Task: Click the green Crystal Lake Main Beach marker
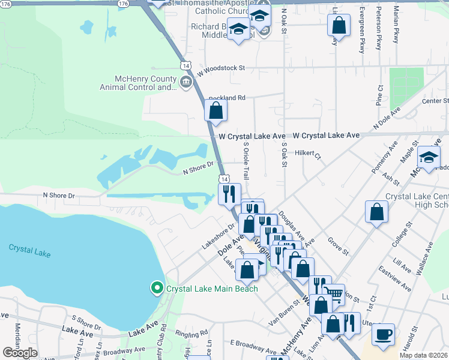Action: (157, 289)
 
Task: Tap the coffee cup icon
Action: (383, 334)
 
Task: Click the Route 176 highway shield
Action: (123, 4)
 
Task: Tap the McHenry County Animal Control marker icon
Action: (185, 82)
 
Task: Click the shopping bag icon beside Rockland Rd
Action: (216, 110)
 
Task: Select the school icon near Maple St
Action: (429, 157)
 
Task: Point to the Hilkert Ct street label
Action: (309, 154)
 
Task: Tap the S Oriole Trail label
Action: (246, 161)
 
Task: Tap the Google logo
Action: (20, 353)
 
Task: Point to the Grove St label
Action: (338, 246)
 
